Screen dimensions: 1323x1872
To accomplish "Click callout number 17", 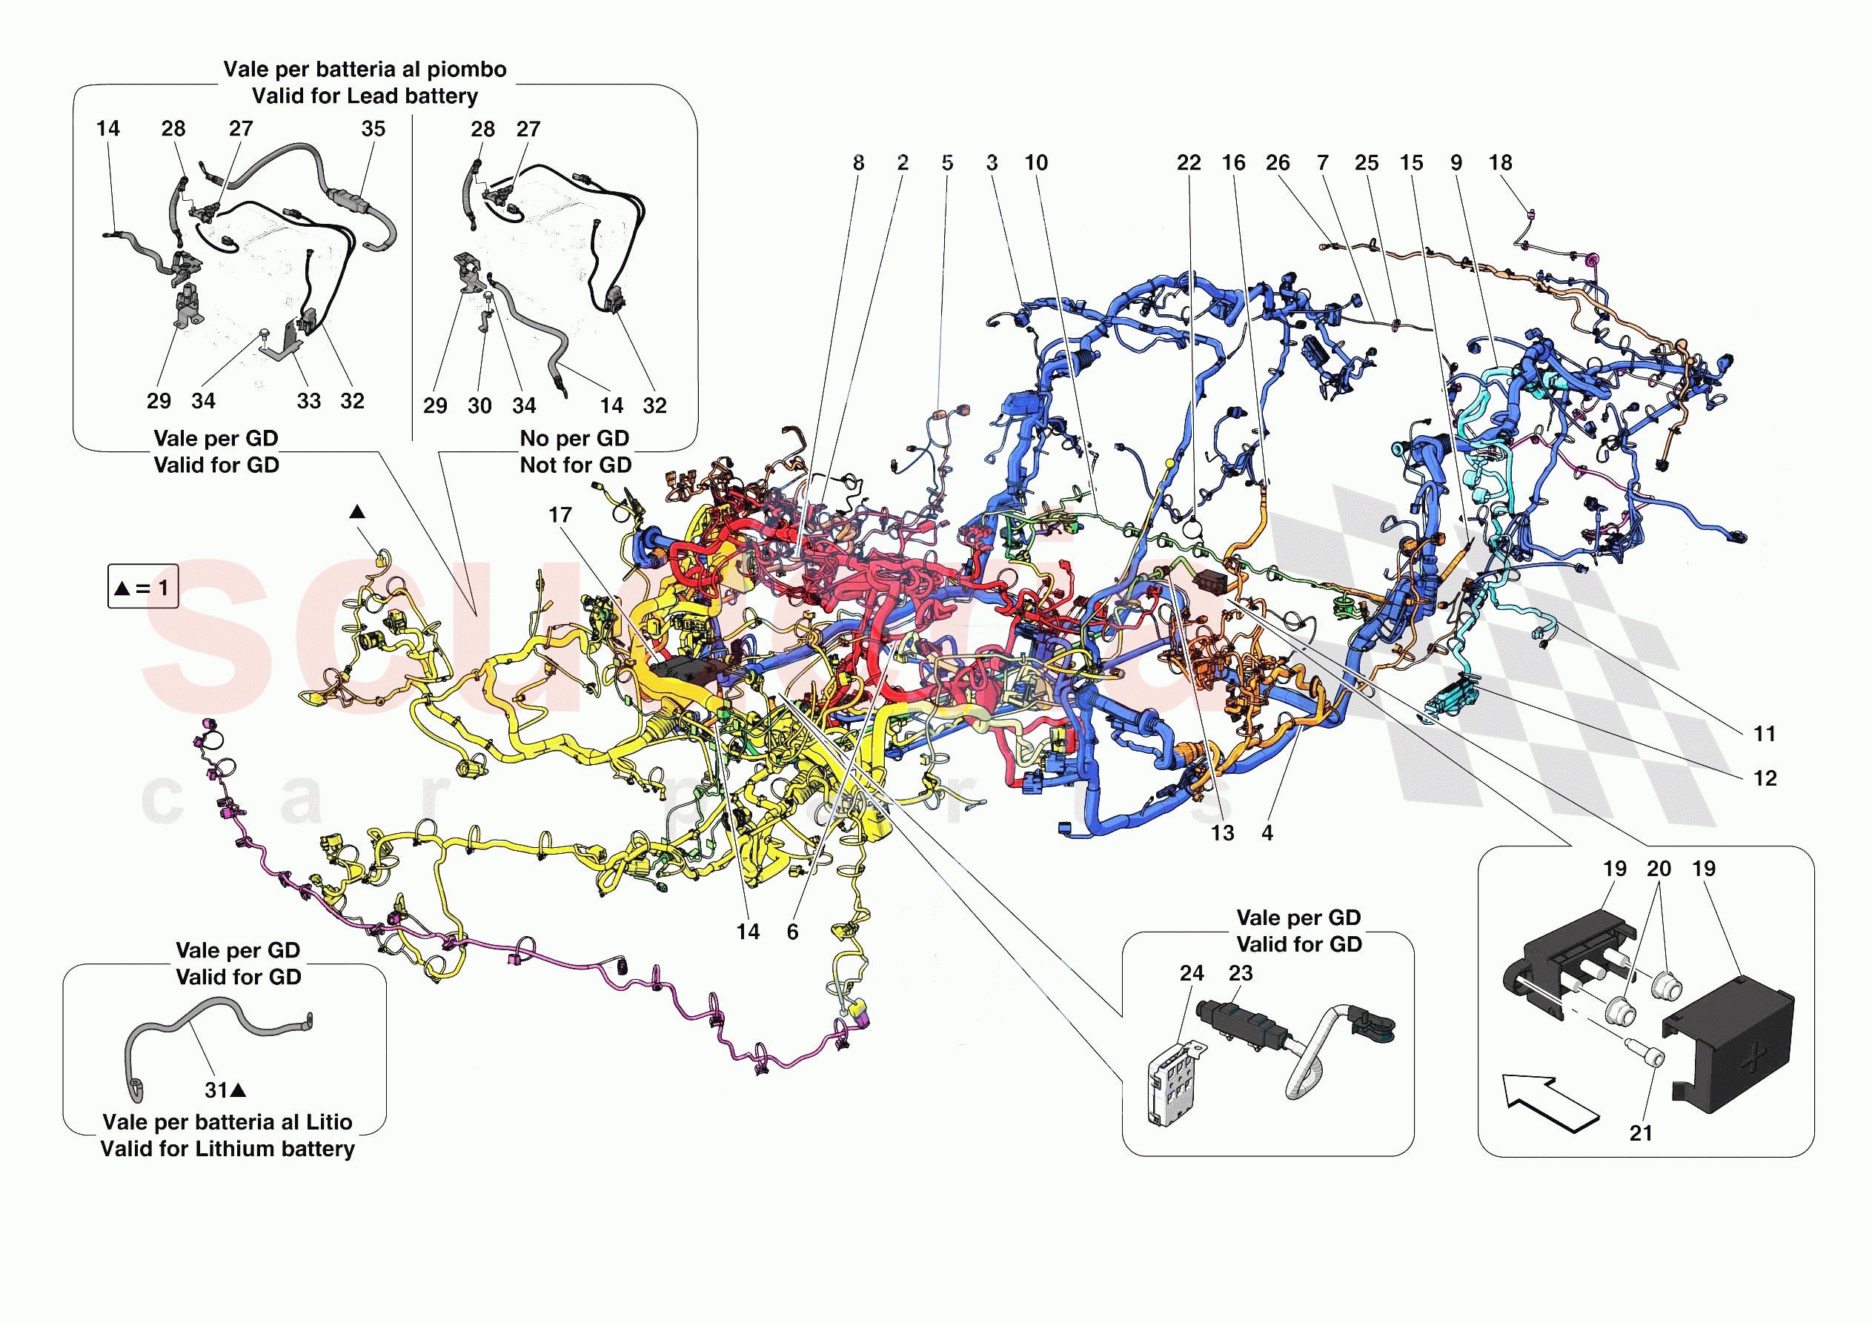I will tap(560, 516).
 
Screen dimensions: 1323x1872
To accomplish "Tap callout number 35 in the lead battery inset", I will tap(373, 129).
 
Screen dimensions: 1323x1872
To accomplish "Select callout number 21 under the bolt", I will tap(1641, 1133).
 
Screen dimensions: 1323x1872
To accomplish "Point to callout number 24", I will tap(1191, 973).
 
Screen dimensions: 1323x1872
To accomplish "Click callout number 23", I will tap(1240, 973).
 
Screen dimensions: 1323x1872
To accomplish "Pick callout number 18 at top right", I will tap(1499, 163).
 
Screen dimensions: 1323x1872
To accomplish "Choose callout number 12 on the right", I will tap(1765, 778).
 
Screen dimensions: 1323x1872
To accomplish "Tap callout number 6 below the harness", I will tap(791, 932).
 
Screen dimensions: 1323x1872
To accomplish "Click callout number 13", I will tap(1221, 833).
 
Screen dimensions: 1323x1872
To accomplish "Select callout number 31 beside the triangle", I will tap(216, 1090).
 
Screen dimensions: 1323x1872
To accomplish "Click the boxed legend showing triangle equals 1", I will tap(143, 587).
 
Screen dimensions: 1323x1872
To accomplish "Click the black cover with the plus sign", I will tap(1728, 1046).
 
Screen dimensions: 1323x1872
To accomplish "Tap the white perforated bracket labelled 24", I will tap(1174, 1085).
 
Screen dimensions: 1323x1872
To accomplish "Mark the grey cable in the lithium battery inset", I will tap(204, 1020).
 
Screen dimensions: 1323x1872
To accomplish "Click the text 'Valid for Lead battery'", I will tap(365, 96).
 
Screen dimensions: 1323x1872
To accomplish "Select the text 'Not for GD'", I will tap(576, 465).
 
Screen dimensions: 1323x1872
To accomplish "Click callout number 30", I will tap(479, 405).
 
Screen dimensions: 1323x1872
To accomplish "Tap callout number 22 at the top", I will tap(1188, 163).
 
